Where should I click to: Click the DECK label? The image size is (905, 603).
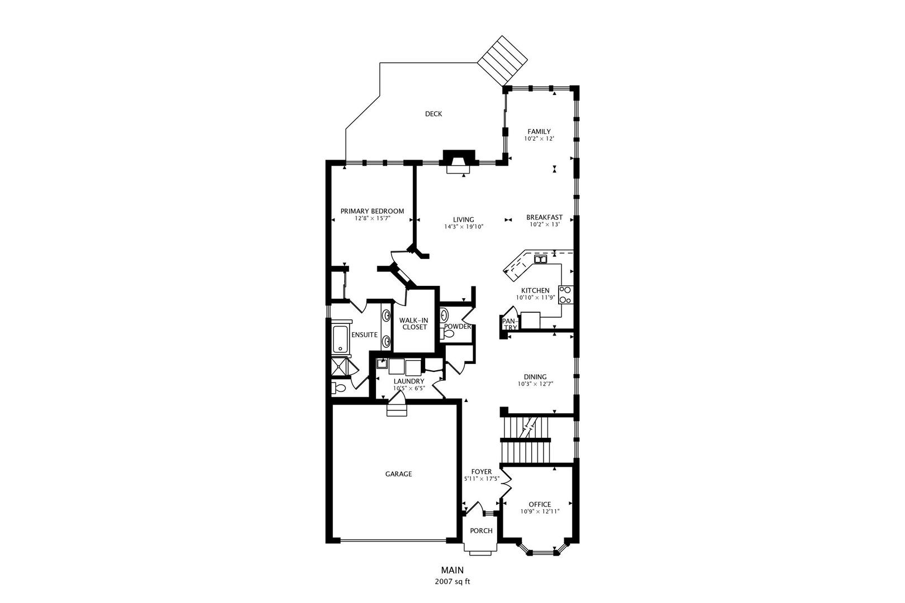coord(434,114)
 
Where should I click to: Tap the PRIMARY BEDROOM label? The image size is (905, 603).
coord(372,211)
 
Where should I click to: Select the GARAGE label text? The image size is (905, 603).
coord(398,474)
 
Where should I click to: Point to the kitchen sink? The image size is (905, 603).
coord(540,259)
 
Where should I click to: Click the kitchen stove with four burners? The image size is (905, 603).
coord(565,295)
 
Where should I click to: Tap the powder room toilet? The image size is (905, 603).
coord(447,334)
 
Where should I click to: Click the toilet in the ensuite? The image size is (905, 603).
coord(339,388)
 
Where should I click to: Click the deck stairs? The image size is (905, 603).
coord(503,60)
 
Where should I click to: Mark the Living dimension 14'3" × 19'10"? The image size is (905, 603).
coord(464,227)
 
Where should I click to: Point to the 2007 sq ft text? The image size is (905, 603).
coord(453,582)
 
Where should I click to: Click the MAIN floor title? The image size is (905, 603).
coord(453,570)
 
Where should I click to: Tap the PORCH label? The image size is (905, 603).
coord(481,531)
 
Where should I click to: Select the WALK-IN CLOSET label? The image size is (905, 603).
coord(414,324)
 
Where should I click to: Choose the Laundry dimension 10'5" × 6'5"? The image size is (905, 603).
coord(409,389)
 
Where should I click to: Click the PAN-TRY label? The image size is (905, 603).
coord(510,324)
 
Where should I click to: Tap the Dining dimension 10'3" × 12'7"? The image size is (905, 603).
coord(535,384)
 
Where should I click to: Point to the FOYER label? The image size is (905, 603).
coord(482,472)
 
